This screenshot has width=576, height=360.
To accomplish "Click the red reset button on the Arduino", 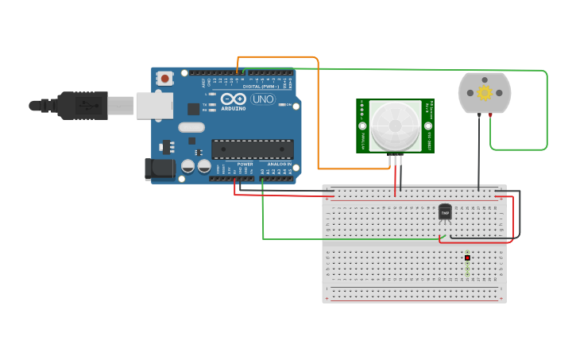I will tap(164, 78).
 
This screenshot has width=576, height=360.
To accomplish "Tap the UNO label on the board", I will tap(263, 99).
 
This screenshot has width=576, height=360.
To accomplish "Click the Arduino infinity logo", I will tap(233, 99).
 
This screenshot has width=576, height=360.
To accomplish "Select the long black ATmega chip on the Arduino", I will tap(252, 149).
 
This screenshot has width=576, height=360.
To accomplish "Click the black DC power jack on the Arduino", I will tap(160, 168).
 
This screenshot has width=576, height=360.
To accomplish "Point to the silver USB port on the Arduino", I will tap(154, 106).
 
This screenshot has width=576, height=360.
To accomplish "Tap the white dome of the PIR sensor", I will tap(395, 126).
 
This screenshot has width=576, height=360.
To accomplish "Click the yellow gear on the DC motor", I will tap(484, 93).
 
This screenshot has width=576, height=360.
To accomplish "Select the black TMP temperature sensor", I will tap(445, 212).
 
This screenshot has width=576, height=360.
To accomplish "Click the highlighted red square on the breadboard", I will tap(467, 258).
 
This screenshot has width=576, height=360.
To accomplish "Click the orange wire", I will tap(319, 119).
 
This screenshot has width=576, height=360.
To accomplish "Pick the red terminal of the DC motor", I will tap(490, 116).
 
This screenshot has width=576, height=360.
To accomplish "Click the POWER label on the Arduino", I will tap(245, 164).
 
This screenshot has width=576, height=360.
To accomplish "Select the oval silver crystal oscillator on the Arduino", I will tap(191, 127).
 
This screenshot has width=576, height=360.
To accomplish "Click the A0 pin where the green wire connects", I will tap(263, 178).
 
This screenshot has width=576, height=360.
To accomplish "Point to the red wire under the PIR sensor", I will tap(395, 179).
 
